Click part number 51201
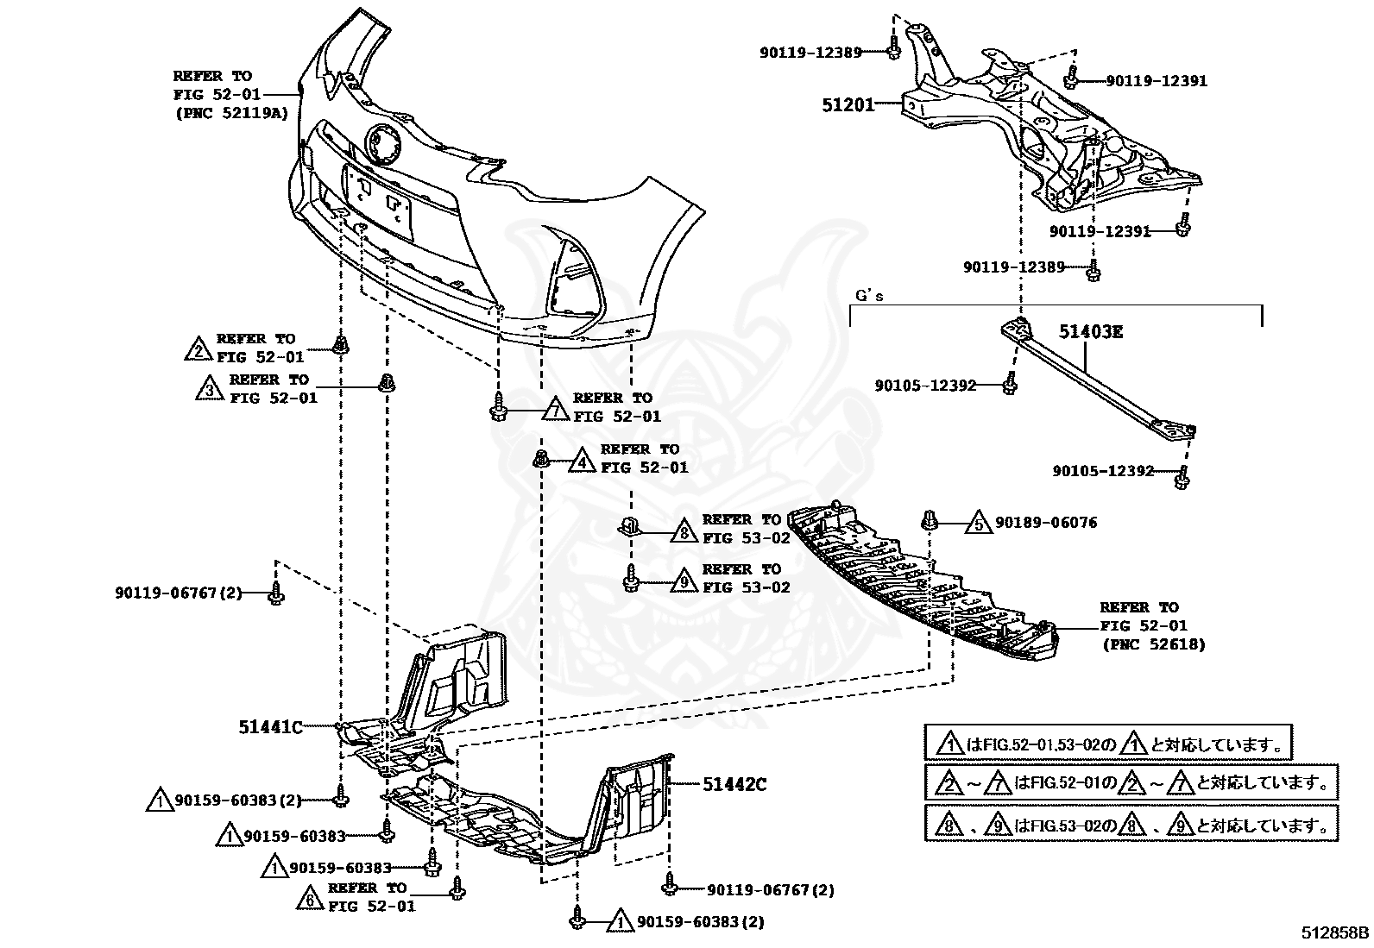[x=848, y=105]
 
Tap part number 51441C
[x=270, y=727]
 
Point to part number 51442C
[x=734, y=784]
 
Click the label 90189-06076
[x=1046, y=523]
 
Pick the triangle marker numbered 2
[x=199, y=349]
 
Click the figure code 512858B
[x=1335, y=932]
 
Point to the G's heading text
[x=869, y=296]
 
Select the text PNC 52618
[x=1153, y=644]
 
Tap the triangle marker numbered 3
[x=209, y=390]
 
